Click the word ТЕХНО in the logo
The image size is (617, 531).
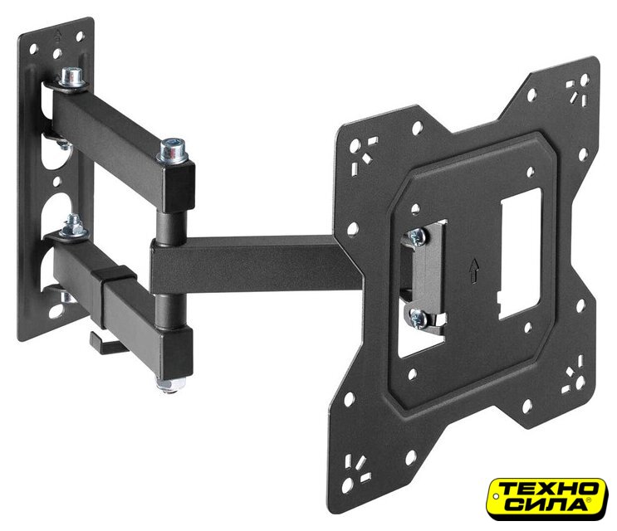(x=549, y=490)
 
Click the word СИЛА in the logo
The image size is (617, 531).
(x=542, y=504)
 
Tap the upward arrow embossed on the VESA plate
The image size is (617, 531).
(x=474, y=270)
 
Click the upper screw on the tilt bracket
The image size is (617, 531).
(x=416, y=237)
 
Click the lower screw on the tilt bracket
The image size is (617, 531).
(x=417, y=319)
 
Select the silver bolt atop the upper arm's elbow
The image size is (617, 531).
(x=172, y=151)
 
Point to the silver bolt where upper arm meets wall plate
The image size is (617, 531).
(x=72, y=78)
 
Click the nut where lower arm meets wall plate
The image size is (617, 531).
(x=73, y=227)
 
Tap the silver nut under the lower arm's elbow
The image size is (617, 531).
(x=170, y=383)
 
